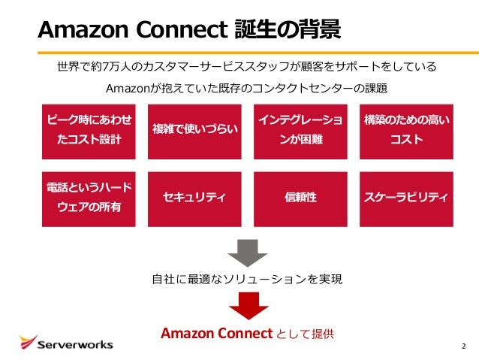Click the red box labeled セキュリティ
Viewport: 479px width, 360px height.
194,198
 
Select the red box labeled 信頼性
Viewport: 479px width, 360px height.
300,198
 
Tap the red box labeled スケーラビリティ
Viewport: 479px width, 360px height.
406,198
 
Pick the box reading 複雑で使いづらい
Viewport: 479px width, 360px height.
194,130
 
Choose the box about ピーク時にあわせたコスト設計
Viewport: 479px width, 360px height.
89,130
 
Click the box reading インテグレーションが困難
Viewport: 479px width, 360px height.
300,130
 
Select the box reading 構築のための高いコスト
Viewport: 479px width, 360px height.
406,130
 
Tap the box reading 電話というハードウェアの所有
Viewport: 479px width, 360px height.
89,198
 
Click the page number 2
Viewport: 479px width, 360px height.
463,346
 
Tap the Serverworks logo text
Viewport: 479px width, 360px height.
75,344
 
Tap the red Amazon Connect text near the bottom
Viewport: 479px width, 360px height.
215,333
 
